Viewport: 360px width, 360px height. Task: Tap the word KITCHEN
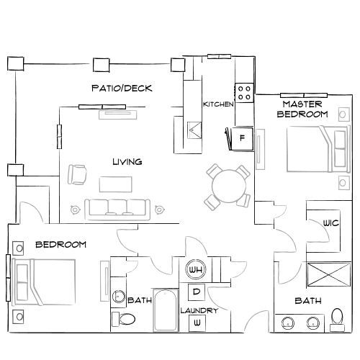(218, 104)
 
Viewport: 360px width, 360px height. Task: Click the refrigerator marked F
(242, 137)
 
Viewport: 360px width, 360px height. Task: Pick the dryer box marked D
(196, 292)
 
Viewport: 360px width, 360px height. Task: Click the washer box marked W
(196, 323)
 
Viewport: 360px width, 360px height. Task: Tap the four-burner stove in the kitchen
(245, 91)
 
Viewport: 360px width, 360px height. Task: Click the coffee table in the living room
(117, 184)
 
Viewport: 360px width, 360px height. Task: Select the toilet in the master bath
(337, 318)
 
